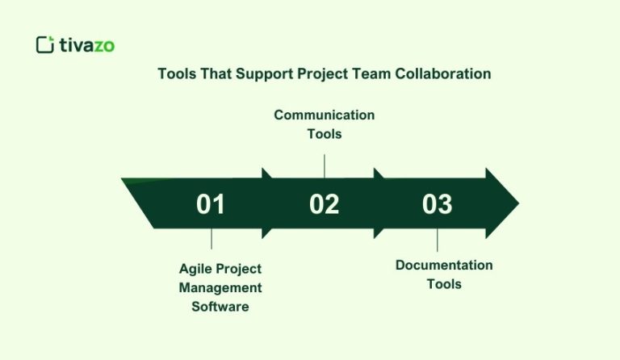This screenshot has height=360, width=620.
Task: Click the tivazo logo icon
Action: point(45,44)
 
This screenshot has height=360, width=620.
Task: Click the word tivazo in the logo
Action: point(87,45)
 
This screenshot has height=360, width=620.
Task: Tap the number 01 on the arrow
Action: point(211,204)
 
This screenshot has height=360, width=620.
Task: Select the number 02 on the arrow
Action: point(324,204)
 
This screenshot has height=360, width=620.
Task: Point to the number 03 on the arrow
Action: point(437,204)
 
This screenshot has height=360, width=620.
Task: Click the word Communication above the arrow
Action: point(324,115)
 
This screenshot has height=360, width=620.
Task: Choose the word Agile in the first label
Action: point(195,269)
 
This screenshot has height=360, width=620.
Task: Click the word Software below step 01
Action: point(220,307)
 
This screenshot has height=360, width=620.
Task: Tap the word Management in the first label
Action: point(220,287)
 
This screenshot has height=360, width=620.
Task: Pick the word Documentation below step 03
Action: point(444,266)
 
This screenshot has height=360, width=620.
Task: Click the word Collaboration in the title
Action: point(442,74)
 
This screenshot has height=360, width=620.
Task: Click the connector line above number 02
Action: point(325,165)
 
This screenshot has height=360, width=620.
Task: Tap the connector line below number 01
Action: point(212,238)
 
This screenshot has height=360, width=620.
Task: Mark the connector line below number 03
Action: point(438,241)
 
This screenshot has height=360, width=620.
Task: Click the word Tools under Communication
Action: point(324,134)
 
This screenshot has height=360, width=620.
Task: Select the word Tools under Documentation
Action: point(444,284)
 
